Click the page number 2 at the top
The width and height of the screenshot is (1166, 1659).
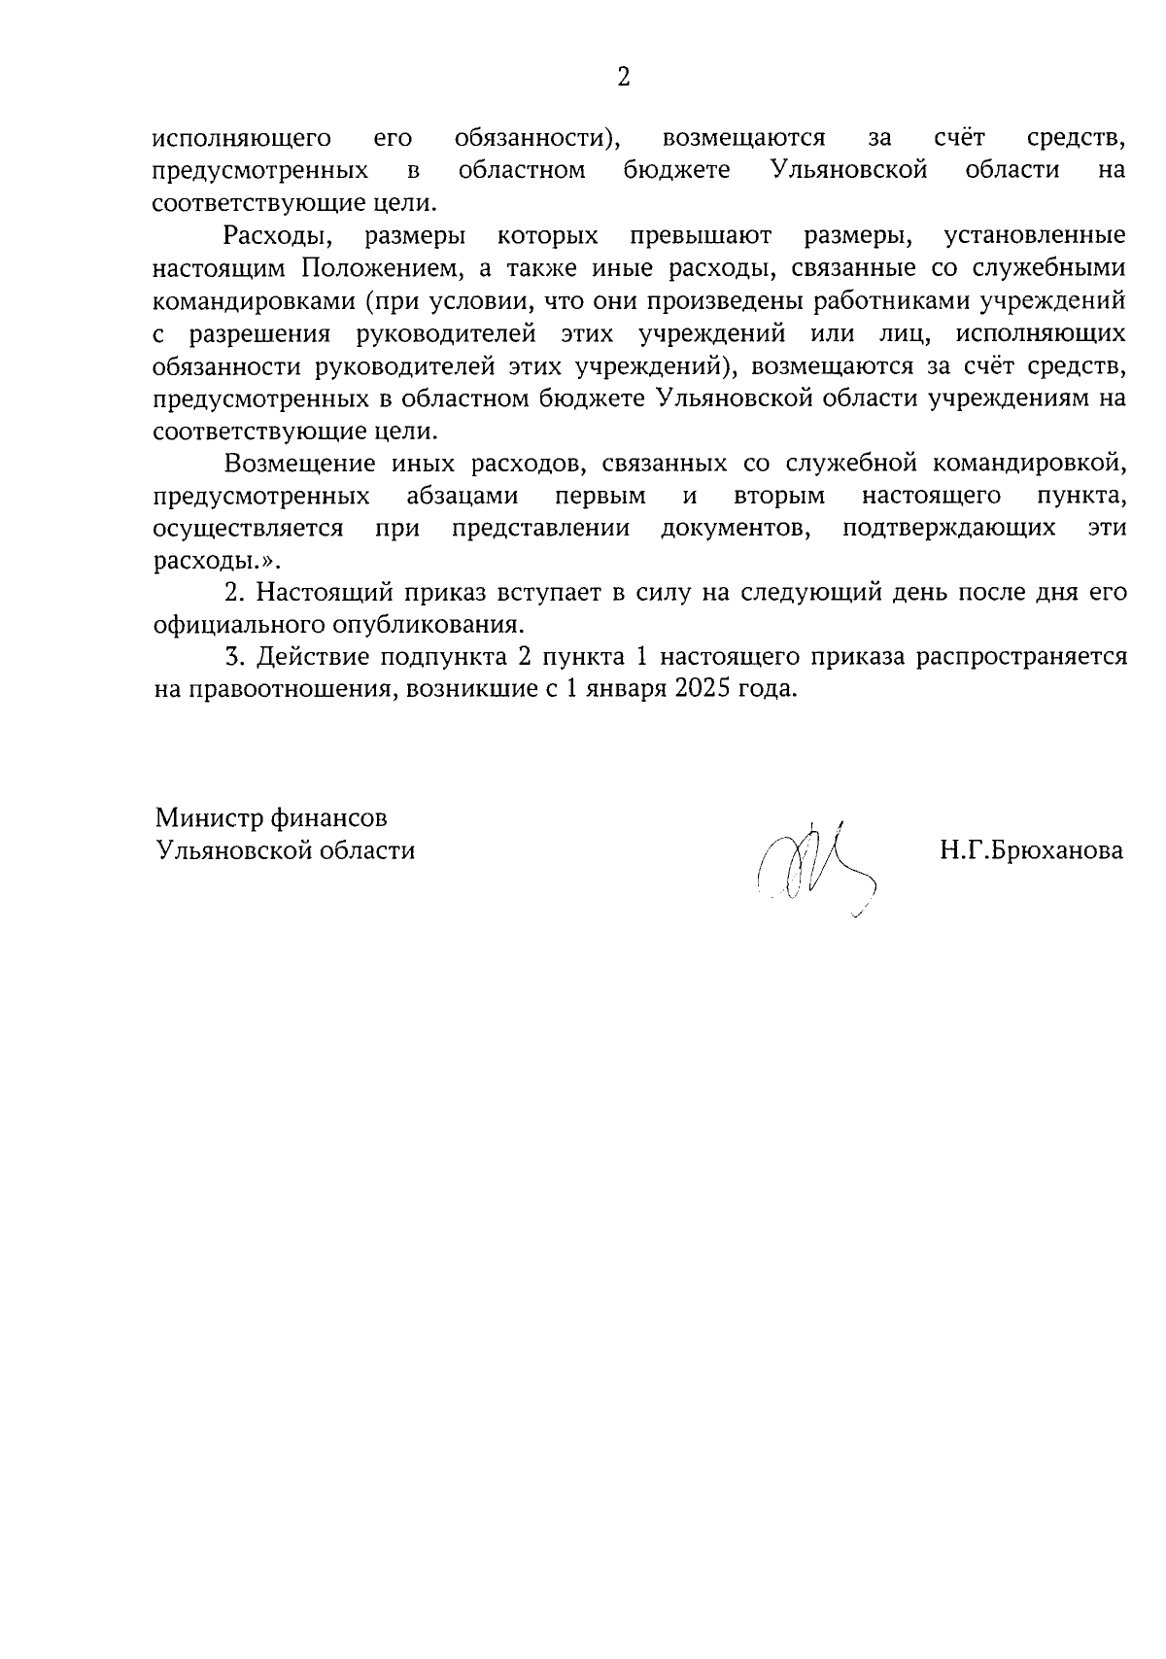(x=624, y=78)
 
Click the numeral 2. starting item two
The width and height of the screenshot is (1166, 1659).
(x=232, y=592)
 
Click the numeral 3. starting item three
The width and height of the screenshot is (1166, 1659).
(x=232, y=657)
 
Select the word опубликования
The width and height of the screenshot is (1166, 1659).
(x=430, y=624)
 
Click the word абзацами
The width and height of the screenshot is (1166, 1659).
(x=463, y=497)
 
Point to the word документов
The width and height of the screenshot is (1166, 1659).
(x=735, y=529)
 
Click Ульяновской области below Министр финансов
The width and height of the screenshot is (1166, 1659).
(x=286, y=851)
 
